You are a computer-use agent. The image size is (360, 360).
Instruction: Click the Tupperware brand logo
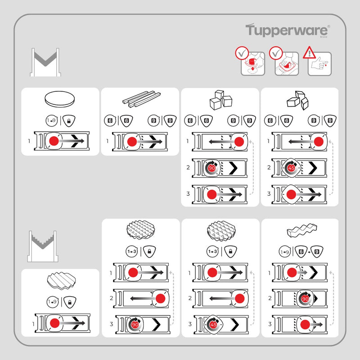point(288,31)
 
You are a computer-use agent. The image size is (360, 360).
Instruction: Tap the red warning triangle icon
point(309,53)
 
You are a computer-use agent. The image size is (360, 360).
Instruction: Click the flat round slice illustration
point(60,99)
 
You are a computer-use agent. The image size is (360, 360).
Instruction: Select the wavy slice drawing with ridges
point(60,282)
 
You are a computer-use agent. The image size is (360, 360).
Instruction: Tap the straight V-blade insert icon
point(45,63)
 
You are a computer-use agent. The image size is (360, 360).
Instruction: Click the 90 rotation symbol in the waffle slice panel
point(135,324)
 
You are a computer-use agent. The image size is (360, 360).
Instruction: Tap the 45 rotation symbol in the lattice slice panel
point(214,324)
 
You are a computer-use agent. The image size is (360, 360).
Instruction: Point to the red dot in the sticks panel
point(132,142)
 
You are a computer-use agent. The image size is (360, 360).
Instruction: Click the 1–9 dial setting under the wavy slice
point(51,302)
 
